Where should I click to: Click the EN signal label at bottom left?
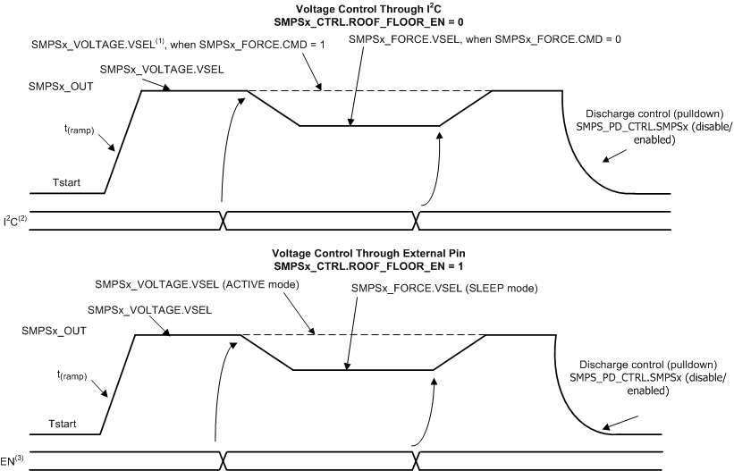point(13,460)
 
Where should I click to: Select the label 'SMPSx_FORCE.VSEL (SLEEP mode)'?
point(423,289)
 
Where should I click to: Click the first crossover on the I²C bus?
point(224,220)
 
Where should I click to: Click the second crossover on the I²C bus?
point(416,220)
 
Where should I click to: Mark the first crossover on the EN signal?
point(217,459)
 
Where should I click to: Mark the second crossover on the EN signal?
point(412,459)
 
